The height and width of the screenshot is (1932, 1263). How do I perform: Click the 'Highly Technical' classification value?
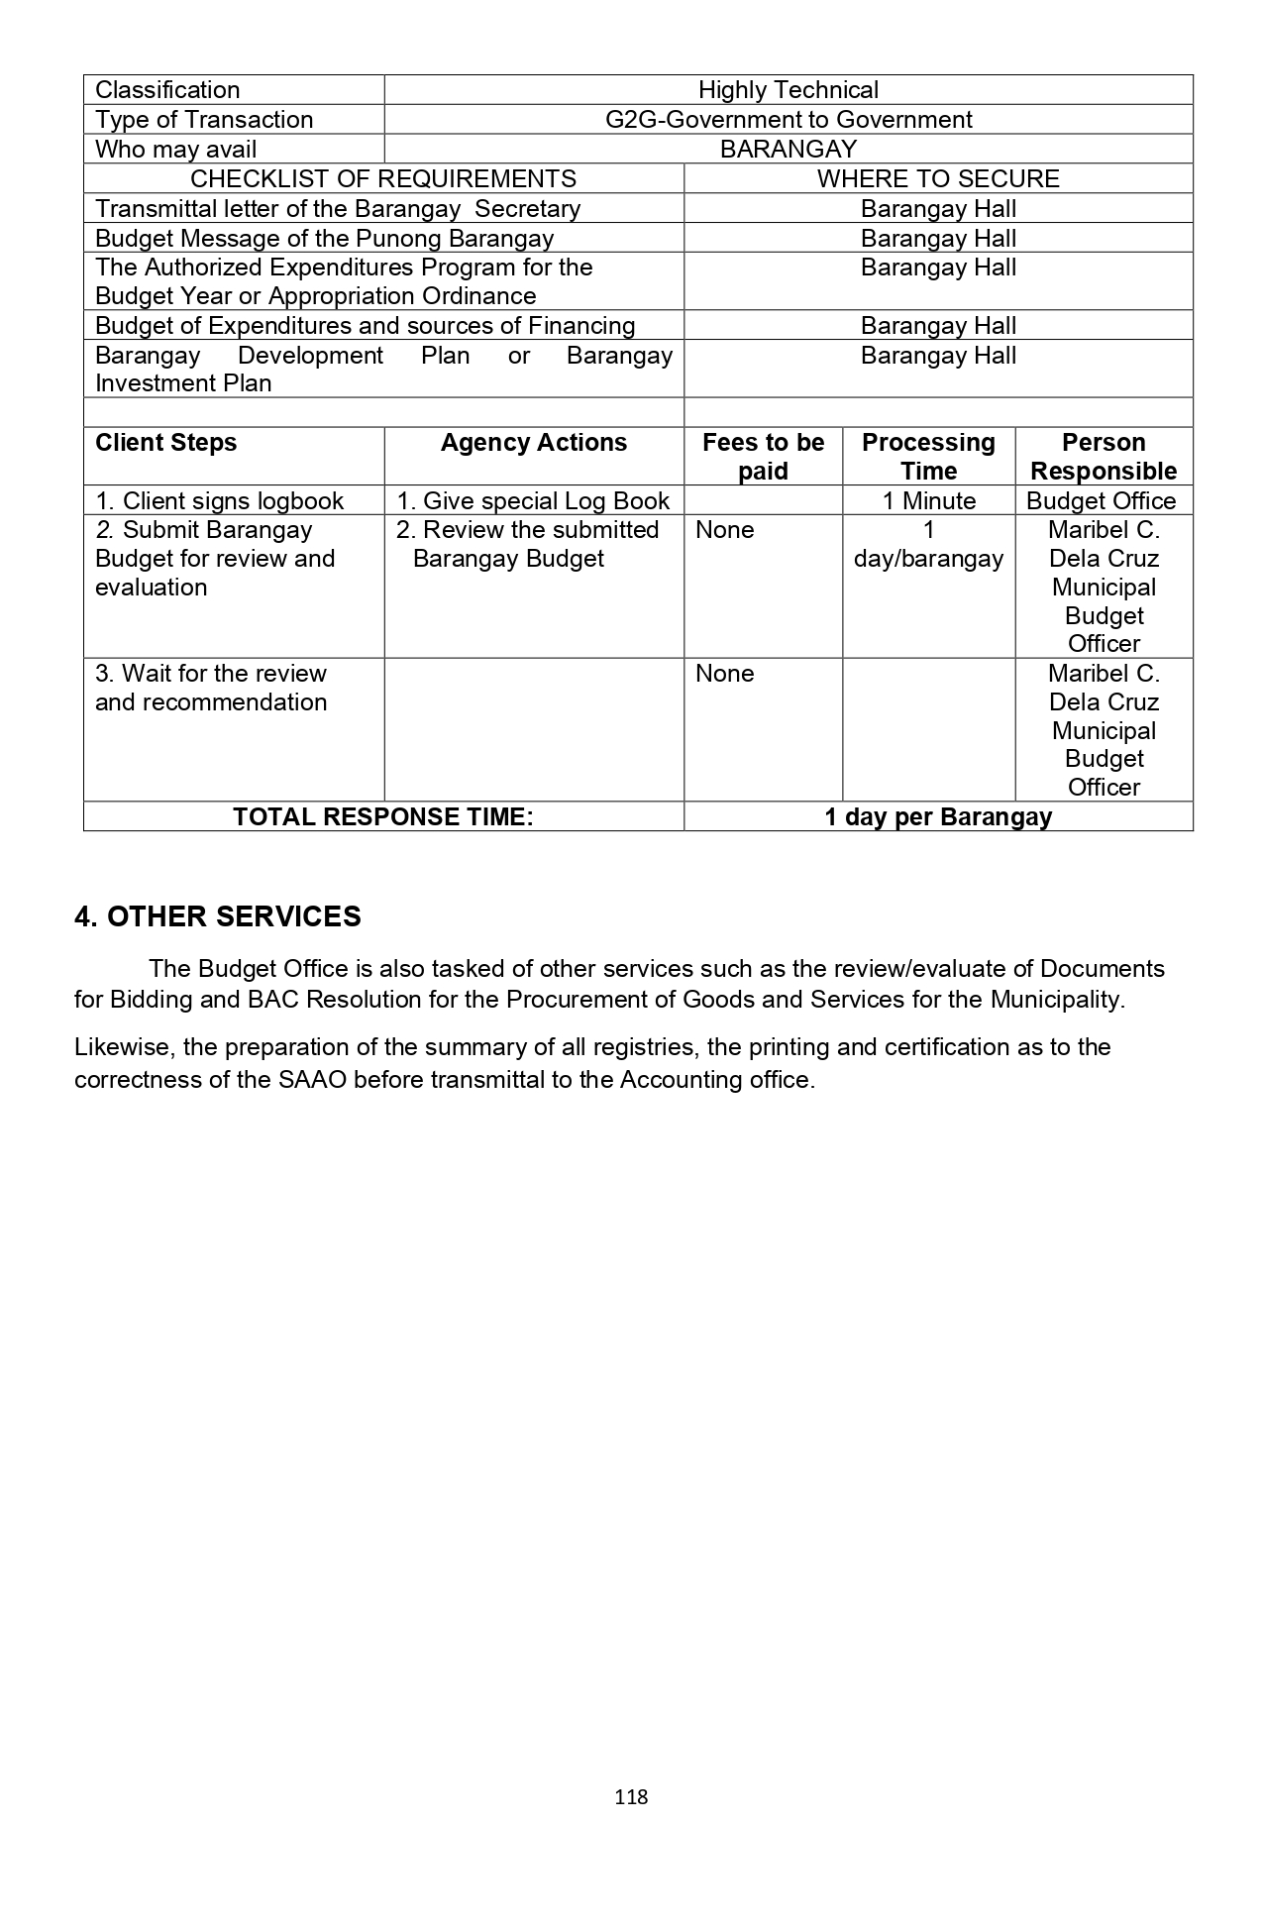tap(788, 90)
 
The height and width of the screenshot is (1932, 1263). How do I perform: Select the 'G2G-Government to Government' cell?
tap(788, 120)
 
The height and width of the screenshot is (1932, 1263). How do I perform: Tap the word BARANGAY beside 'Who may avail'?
tap(788, 150)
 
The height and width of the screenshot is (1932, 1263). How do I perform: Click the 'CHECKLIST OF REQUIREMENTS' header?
tap(382, 179)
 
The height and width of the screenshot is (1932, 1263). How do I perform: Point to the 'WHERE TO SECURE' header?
tap(937, 179)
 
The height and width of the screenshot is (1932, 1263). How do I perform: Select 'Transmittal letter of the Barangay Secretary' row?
tap(338, 209)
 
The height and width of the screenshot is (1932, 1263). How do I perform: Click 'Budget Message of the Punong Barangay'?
tap(324, 239)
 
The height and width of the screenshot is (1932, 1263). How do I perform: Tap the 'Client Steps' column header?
tap(165, 443)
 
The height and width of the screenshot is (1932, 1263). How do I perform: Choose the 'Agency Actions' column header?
tap(533, 443)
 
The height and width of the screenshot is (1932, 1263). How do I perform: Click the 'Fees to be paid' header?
tap(763, 457)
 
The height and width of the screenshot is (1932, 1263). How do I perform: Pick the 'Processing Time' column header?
tap(928, 457)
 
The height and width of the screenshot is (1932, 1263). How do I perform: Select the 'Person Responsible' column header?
tap(1104, 457)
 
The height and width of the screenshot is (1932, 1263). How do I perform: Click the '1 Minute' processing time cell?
tap(928, 501)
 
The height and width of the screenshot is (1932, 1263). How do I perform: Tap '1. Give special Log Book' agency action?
tap(533, 501)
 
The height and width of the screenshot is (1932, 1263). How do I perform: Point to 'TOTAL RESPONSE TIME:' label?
tap(382, 817)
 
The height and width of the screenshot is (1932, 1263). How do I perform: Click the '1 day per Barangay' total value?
tap(937, 817)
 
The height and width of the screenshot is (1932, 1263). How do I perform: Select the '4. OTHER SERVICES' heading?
tap(218, 916)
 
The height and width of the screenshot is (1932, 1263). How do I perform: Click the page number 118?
tap(631, 1797)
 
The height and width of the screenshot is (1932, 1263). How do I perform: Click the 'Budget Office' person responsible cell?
tap(1101, 501)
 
